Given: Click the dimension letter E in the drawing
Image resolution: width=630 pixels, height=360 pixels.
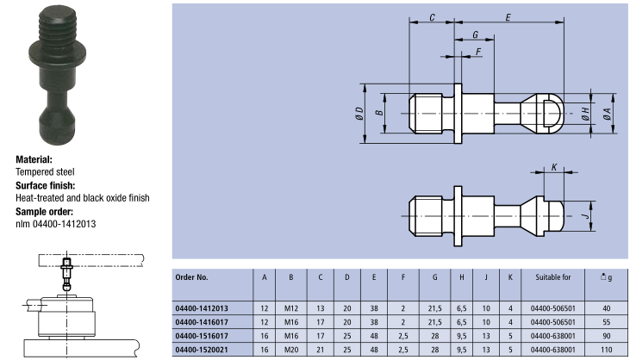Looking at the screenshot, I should click(x=508, y=17).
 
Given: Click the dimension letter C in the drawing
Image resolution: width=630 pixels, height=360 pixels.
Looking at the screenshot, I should click(x=431, y=17).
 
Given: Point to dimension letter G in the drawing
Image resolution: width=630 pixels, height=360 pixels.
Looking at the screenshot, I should click(x=475, y=35).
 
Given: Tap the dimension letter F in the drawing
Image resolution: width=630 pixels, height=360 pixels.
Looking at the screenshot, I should click(x=479, y=53).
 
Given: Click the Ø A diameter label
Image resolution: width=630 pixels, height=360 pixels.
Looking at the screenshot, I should click(x=608, y=112).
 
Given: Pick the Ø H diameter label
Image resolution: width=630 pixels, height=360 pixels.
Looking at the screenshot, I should click(x=584, y=112).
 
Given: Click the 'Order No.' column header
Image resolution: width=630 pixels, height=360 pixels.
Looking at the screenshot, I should click(x=192, y=277).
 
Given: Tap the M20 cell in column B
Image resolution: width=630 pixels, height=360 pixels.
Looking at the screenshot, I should click(x=292, y=350).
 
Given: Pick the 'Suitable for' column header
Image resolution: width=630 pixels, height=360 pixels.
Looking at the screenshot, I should click(x=542, y=277).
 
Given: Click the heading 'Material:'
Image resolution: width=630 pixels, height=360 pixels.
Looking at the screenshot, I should click(x=34, y=159).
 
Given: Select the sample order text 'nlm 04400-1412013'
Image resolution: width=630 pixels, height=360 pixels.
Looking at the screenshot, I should click(x=56, y=224).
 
